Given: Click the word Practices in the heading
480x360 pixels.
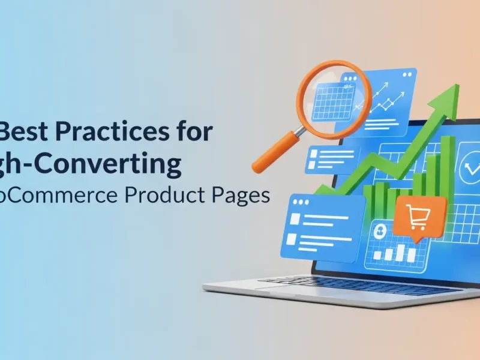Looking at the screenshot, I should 110,131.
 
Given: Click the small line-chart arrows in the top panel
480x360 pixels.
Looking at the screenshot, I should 384,96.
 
